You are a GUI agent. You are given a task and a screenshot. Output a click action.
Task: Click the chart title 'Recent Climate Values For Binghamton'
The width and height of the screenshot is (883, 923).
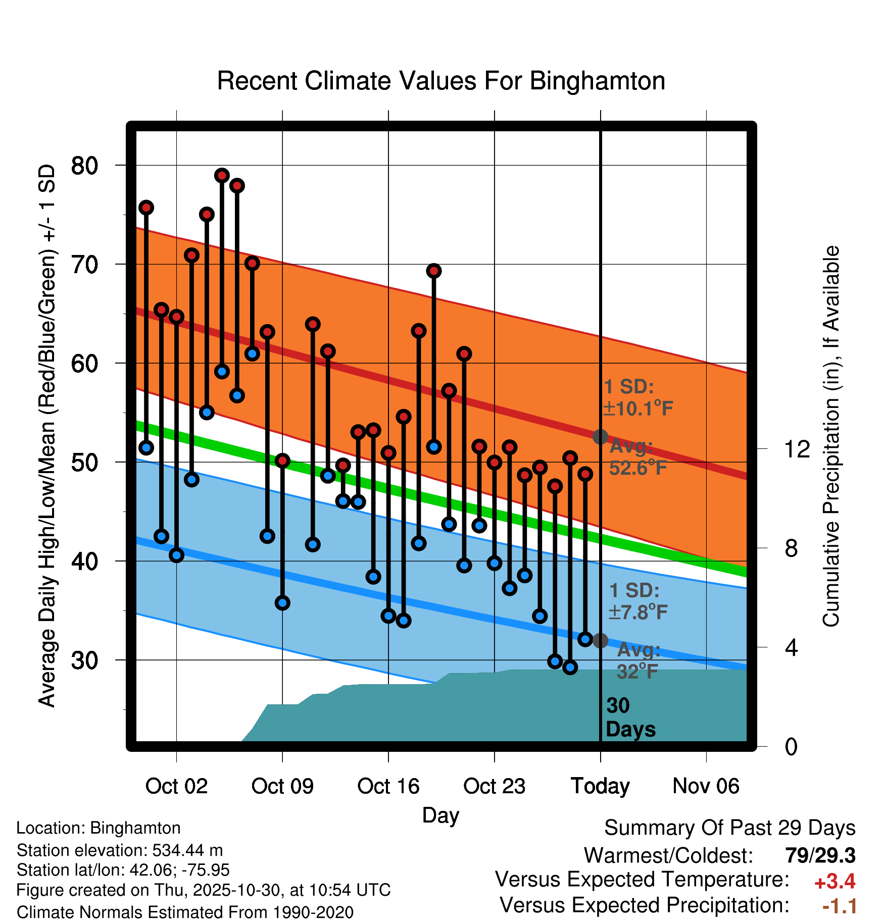[441, 81]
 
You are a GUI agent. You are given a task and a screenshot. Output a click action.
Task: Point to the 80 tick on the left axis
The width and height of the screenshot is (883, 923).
[85, 165]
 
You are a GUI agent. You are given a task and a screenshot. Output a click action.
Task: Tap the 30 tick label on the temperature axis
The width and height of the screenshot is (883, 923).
[85, 660]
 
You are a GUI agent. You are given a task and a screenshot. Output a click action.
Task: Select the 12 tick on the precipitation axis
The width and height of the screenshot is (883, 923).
[798, 449]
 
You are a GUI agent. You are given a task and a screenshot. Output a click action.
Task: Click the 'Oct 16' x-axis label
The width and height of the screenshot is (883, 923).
[388, 786]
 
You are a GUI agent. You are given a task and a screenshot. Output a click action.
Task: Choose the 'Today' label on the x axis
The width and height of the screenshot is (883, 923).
[600, 786]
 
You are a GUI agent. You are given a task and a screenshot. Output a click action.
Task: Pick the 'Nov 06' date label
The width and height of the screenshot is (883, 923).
[706, 786]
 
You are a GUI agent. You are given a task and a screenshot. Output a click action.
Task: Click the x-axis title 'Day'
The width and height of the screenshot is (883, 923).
[440, 815]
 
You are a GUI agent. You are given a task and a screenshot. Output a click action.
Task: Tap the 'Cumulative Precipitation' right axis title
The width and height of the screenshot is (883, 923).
[831, 437]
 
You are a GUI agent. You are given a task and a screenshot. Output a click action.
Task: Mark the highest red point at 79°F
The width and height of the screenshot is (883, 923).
[222, 175]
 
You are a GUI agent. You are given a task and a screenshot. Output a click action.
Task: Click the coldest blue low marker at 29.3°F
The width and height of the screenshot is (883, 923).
[570, 668]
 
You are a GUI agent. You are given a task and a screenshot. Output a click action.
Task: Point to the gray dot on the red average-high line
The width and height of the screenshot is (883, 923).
[600, 437]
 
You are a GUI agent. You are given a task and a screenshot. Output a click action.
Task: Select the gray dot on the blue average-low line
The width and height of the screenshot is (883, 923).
[600, 641]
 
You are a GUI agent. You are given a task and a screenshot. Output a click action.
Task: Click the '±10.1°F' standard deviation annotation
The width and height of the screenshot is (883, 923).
[638, 408]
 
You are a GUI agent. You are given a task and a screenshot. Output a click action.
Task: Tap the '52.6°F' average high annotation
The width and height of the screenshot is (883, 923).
[638, 468]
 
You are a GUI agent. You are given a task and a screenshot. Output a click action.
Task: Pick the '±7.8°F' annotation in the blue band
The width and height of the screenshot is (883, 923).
[638, 612]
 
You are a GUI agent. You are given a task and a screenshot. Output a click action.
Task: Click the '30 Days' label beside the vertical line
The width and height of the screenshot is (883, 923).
[630, 717]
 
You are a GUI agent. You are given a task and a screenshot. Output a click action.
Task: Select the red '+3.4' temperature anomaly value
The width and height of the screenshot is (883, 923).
[835, 882]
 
